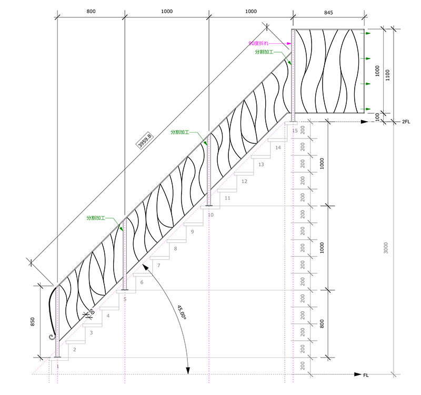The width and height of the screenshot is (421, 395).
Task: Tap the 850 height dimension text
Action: [33, 322]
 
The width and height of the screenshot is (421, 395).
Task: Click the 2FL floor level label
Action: [406, 122]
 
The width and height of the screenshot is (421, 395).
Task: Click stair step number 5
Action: [125, 299]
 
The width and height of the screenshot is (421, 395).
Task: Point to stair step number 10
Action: [210, 215]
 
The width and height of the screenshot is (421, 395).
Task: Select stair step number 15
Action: [295, 130]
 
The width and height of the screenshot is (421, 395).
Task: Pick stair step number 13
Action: [261, 164]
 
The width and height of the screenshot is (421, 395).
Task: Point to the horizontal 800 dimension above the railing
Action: [91, 12]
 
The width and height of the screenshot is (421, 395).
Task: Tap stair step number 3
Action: [91, 333]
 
